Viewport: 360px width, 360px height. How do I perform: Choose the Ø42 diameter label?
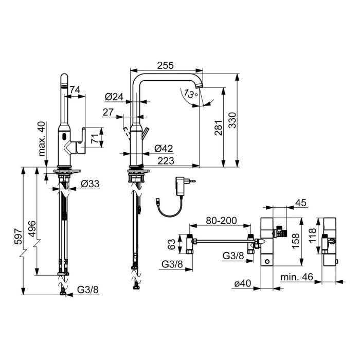tap(164, 148)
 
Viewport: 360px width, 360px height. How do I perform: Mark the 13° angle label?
tap(190, 95)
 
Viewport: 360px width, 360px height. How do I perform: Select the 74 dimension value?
tap(75, 91)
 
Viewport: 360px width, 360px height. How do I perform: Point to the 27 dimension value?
tap(108, 112)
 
